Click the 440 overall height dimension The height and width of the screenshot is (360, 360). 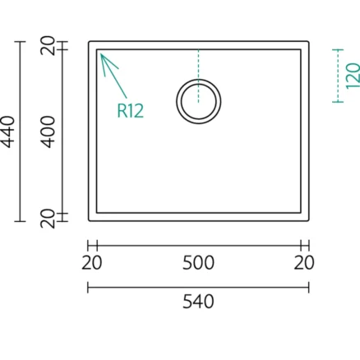point(8,132)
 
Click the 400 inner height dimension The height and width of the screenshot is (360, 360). point(48,132)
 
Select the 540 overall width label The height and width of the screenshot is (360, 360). point(198,302)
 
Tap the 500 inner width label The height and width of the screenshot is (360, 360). point(198,263)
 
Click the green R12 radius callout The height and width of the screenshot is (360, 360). point(130,111)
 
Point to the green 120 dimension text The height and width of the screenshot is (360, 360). point(353,76)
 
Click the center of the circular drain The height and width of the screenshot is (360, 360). point(199,101)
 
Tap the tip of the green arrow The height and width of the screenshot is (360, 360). point(101,54)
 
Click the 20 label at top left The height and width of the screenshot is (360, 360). point(48,45)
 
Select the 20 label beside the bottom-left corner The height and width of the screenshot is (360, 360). point(48,219)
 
